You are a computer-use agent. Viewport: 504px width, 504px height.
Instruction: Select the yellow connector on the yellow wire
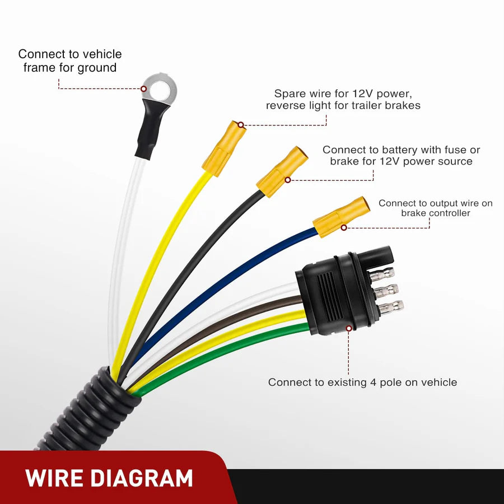(x=224, y=148)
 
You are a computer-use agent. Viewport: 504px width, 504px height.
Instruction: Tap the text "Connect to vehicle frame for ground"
(x=70, y=61)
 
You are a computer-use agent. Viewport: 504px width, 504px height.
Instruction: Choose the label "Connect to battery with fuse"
(x=401, y=150)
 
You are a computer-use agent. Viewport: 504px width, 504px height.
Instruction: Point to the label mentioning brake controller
(x=435, y=208)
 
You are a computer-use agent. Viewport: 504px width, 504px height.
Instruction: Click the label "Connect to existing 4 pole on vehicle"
(x=362, y=382)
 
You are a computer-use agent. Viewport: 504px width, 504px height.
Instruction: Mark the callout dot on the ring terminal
(x=144, y=88)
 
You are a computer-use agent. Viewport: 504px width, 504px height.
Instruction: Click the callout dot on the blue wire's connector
(x=343, y=227)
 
